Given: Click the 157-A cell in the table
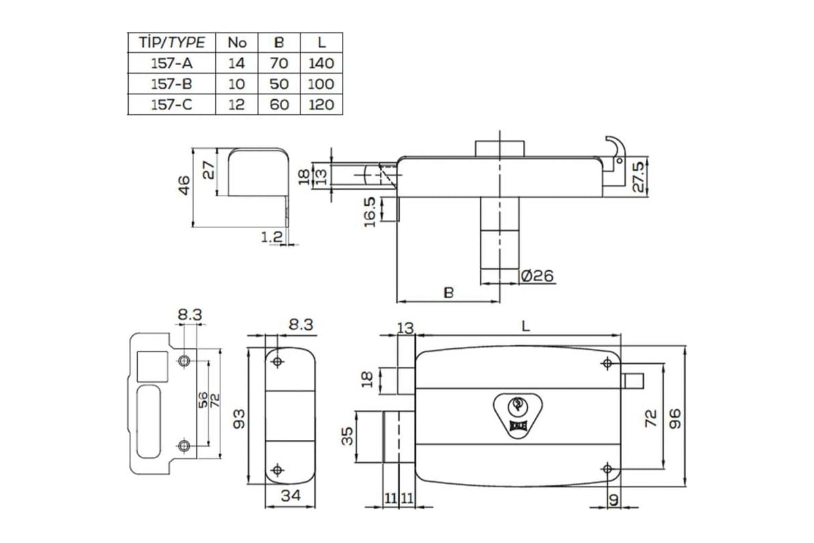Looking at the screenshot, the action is coord(172,63).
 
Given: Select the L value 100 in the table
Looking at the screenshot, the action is coord(321,84).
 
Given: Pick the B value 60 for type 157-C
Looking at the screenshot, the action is coord(279,105).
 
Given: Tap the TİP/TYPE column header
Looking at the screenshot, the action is coord(172,43).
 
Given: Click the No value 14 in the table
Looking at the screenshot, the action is coord(237,63).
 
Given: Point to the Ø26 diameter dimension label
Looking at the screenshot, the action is coord(537,276).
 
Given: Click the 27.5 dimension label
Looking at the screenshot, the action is coord(638,176).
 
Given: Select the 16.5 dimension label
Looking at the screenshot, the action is coord(370,212).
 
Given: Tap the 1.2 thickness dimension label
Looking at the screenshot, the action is coord(271,237).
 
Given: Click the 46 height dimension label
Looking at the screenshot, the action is coord(185,185).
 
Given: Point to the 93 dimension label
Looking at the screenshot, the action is coord(239,419).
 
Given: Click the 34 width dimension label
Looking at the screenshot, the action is coord(291,495).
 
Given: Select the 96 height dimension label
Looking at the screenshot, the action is coord(675,419).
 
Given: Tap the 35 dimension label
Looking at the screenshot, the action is coord(347,436).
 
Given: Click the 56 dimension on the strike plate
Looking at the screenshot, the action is coord(203,400).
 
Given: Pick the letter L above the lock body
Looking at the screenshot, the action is coord(526,326).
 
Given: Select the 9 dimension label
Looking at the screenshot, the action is coord(613,500).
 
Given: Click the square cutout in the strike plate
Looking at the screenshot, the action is coord(152,367).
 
